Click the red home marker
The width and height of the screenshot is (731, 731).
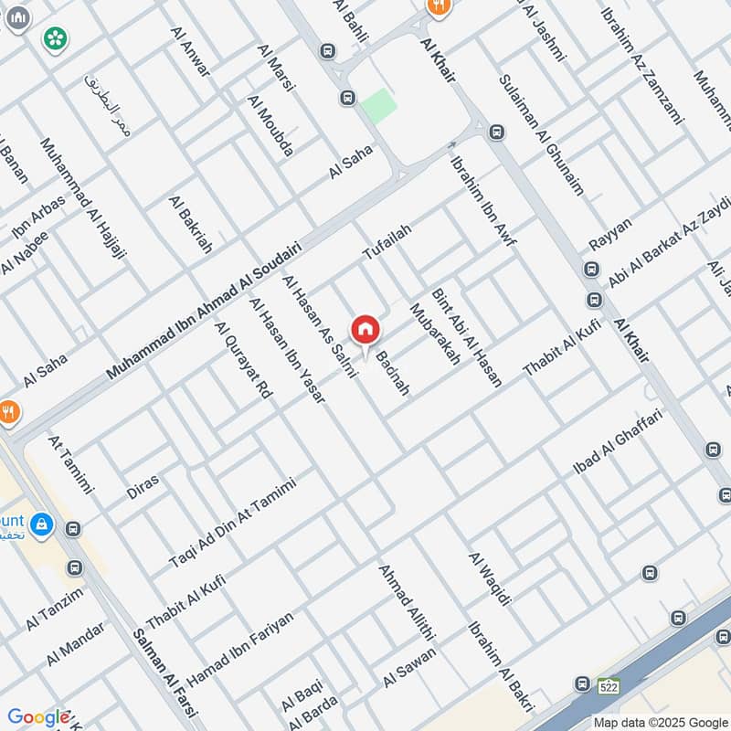point(365,329)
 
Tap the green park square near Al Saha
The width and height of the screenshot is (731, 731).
point(378,107)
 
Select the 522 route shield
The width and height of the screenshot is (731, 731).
point(609,685)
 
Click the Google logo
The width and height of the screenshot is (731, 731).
point(38,717)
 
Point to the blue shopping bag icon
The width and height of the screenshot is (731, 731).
point(41,524)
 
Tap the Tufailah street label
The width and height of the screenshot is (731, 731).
point(387,241)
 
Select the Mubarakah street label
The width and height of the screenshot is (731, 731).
point(436,334)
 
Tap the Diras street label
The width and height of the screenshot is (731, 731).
point(143,485)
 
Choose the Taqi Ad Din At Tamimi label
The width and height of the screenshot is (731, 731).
point(233,522)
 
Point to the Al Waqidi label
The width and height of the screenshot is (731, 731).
point(489,578)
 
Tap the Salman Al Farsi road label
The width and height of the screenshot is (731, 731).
point(164,677)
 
